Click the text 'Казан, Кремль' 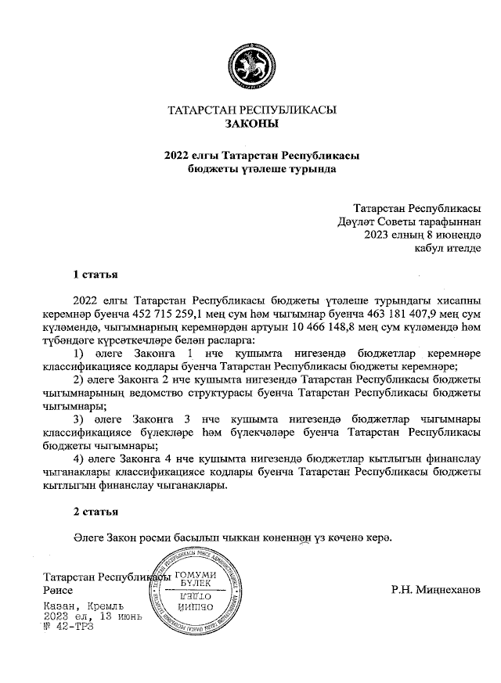coord(83,606)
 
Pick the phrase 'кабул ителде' coord(442,248)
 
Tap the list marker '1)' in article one coord(78,354)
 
